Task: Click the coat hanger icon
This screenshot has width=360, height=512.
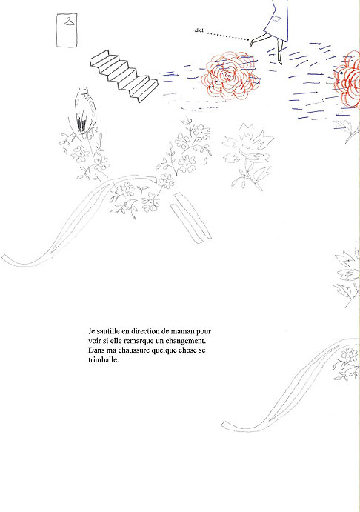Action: [69, 22]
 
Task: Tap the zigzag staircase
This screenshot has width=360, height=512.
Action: [124, 76]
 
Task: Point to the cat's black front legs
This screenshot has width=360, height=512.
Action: [81, 126]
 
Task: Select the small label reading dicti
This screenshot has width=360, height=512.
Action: [199, 30]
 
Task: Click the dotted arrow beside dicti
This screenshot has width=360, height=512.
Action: [228, 36]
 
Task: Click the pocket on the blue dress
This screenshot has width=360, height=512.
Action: [276, 19]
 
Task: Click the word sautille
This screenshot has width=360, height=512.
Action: [108, 331]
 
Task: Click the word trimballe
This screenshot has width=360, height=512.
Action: [104, 360]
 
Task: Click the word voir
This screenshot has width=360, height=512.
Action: [94, 342]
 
